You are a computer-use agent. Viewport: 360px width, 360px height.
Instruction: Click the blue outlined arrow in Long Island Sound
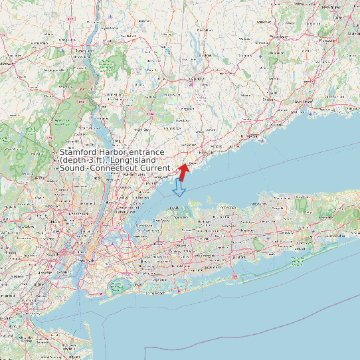point(179,189)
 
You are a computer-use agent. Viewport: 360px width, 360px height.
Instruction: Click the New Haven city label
point(304,102)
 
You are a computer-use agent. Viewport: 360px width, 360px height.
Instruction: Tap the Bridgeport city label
point(250,135)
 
